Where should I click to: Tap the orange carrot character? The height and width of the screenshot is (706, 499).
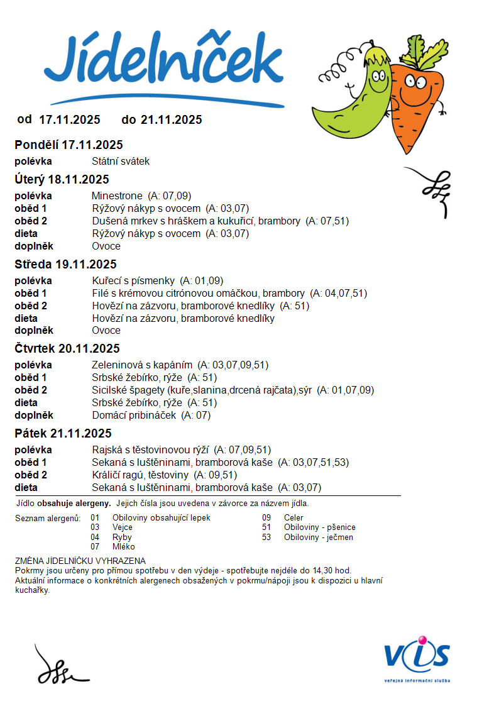pos(415,101)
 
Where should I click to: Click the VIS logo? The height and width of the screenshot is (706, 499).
pos(417,657)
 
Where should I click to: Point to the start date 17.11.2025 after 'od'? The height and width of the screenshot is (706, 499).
pos(70,119)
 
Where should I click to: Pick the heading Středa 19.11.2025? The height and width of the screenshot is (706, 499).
pos(65,264)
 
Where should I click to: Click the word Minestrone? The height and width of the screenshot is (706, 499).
pos(117,196)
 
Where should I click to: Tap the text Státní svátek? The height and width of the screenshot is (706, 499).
pos(121,161)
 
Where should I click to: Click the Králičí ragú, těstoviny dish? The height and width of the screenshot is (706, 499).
pos(140,475)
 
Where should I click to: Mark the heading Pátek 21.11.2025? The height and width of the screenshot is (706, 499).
pos(63,433)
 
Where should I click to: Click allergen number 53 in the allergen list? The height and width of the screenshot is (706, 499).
pos(266,537)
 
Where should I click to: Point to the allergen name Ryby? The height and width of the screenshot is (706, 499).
pos(122,537)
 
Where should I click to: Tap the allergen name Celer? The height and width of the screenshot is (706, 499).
pos(293,517)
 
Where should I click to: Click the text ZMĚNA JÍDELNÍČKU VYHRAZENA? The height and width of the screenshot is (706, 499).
pos(80,561)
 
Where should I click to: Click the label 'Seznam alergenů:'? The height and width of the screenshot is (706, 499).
pos(48,517)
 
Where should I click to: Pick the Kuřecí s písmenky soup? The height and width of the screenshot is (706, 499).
pos(134,280)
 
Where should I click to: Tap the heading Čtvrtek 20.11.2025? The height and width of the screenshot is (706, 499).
pos(67,348)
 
